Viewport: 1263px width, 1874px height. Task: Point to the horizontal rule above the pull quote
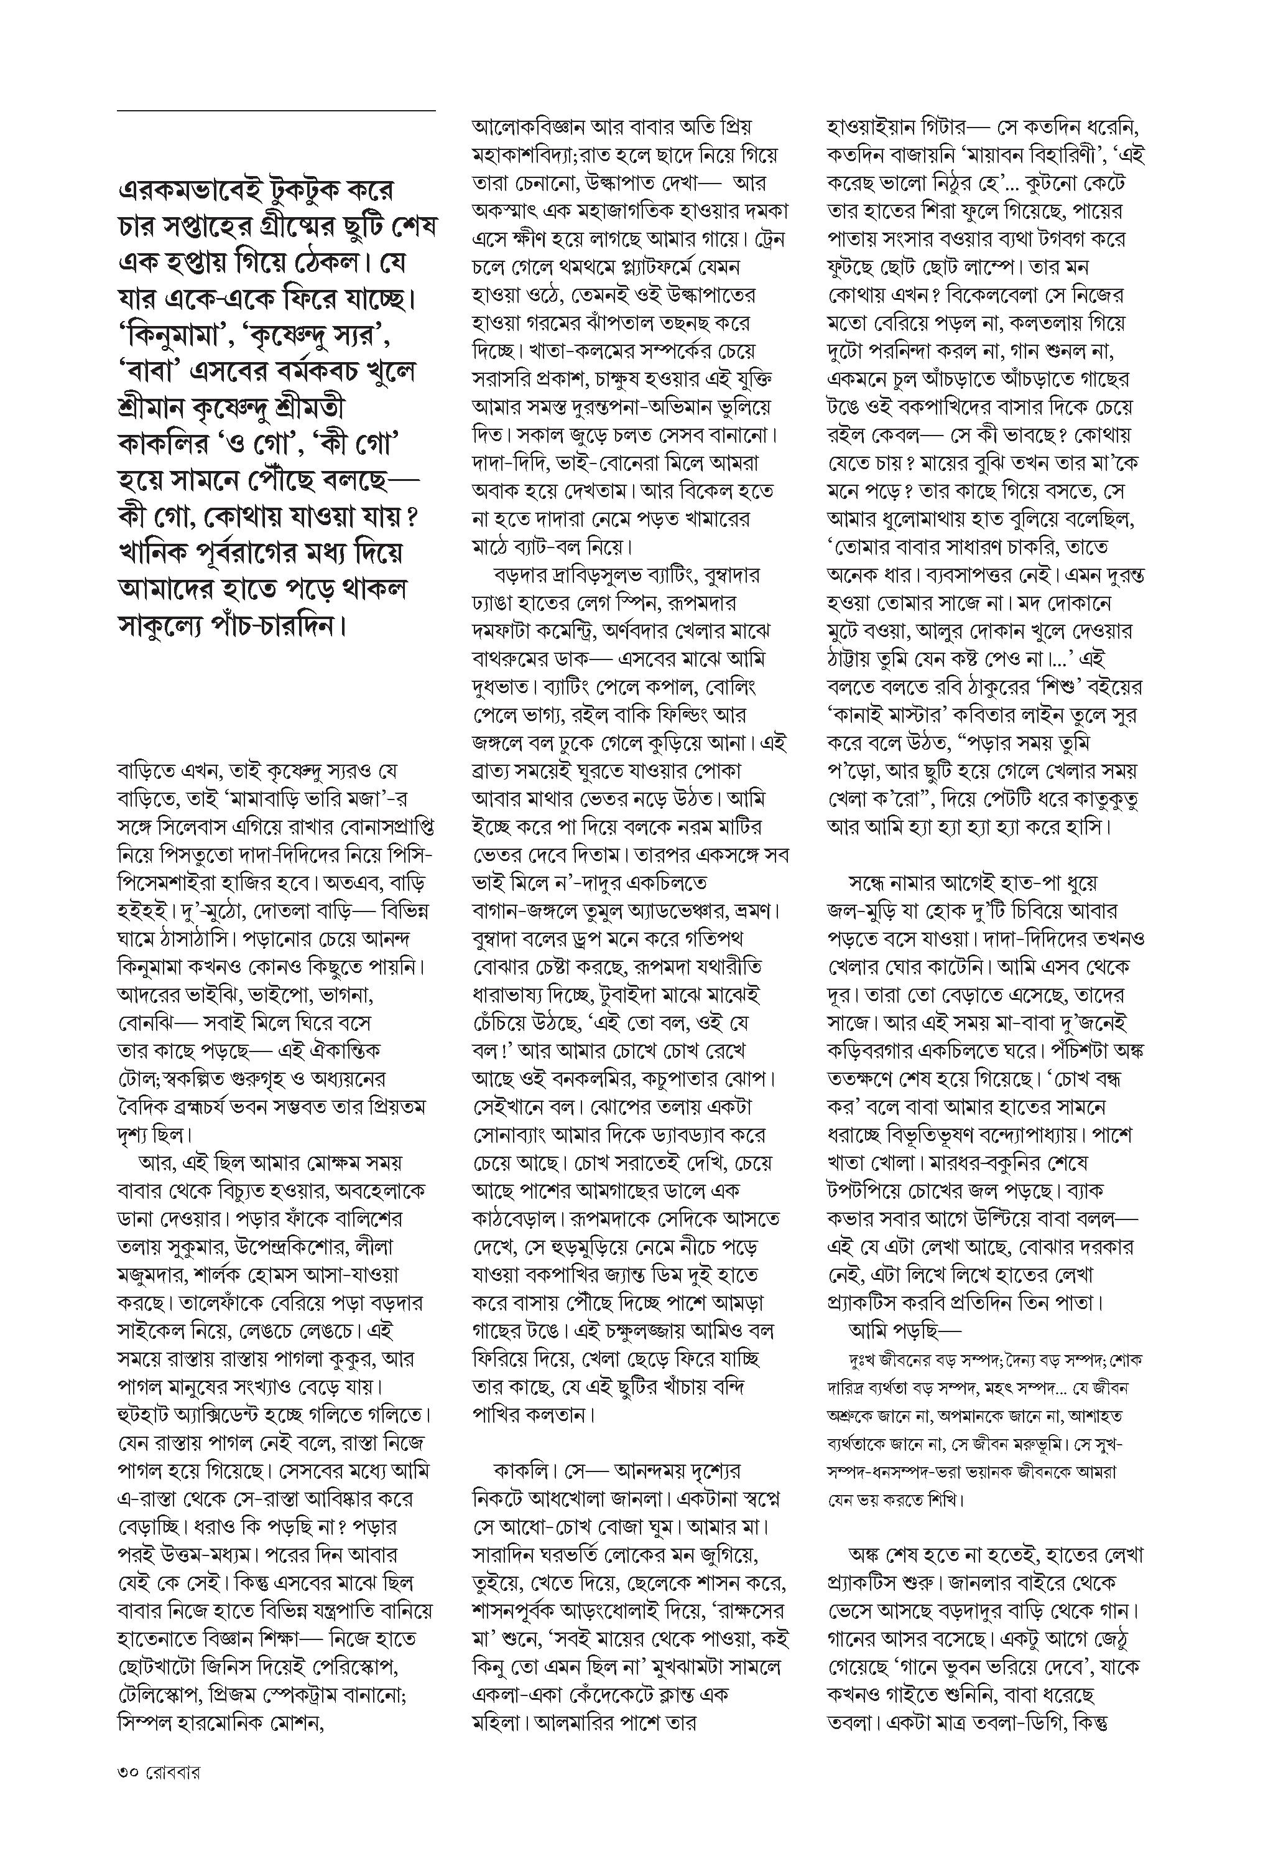[x=275, y=110]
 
